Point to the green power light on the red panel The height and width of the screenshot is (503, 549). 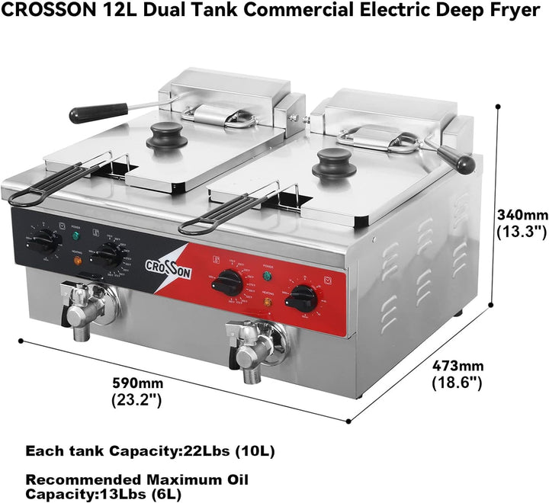pyautogui.click(x=266, y=276)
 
